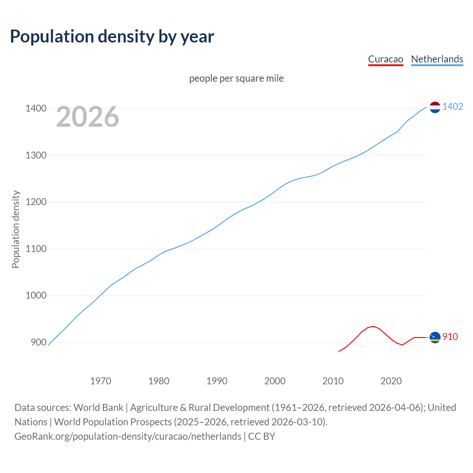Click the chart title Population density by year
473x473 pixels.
pyautogui.click(x=112, y=37)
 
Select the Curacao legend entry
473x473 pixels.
pyautogui.click(x=385, y=59)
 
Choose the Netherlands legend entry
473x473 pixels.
pyautogui.click(x=437, y=59)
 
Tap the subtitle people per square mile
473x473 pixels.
pyautogui.click(x=236, y=79)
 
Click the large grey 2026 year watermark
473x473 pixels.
pyautogui.click(x=88, y=117)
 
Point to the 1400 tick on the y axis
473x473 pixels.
pyautogui.click(x=36, y=109)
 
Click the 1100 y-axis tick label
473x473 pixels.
pyautogui.click(x=36, y=249)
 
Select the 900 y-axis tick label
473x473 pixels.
pyautogui.click(x=38, y=343)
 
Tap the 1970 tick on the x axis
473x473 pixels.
pyautogui.click(x=101, y=381)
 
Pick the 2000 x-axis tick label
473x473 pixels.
pyautogui.click(x=275, y=381)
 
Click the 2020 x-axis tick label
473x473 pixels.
pyautogui.click(x=391, y=381)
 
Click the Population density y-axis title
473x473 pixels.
pyautogui.click(x=16, y=229)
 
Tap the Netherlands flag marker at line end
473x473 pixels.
pyautogui.click(x=435, y=107)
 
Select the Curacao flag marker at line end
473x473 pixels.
pyautogui.click(x=435, y=337)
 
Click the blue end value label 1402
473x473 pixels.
pyautogui.click(x=453, y=107)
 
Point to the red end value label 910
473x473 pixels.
pyautogui.click(x=450, y=337)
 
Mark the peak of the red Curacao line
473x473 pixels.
pyautogui.click(x=373, y=326)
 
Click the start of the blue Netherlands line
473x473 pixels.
pyautogui.click(x=48, y=345)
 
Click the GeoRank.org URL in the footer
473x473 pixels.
pyautogui.click(x=128, y=436)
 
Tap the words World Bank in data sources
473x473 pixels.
pyautogui.click(x=98, y=408)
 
